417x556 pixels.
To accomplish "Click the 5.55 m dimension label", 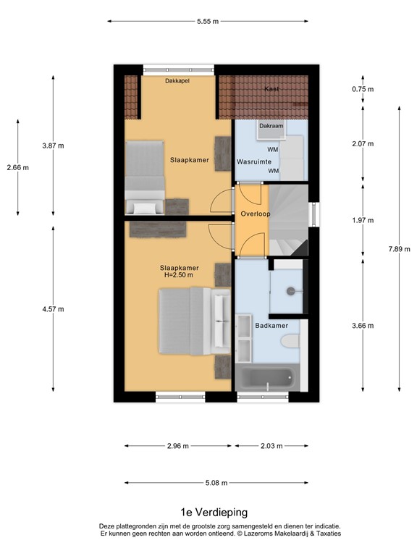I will tap(208, 22).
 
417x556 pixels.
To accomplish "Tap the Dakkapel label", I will tap(177, 81).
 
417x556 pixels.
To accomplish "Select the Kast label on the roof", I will tap(271, 89).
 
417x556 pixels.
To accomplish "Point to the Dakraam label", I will tap(271, 125).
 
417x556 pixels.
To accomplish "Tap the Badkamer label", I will tap(271, 326).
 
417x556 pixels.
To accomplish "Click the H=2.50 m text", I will tap(180, 275).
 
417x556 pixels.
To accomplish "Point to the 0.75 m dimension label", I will tap(362, 89).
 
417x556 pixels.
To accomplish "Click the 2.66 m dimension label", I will tap(17, 168).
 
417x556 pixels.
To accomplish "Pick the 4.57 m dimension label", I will tap(53, 309).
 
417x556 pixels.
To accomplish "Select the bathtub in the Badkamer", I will tap(266, 379).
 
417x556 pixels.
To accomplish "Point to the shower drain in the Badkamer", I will tap(290, 291).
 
